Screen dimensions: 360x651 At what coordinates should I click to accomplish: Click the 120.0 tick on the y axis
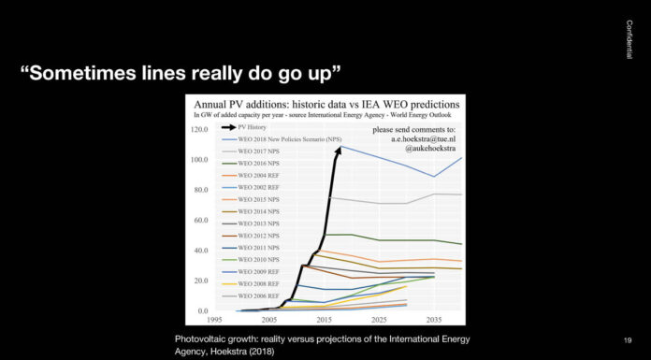point(198,130)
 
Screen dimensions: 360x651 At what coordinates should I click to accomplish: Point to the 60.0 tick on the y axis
point(200,221)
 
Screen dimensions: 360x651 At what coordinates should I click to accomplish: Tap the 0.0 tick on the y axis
point(202,310)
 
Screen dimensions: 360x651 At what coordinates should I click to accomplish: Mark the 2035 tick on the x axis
point(434,319)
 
